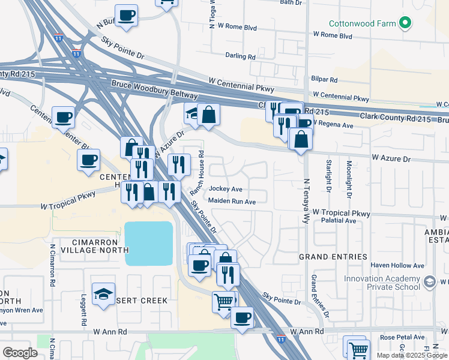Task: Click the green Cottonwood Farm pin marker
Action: point(406,24)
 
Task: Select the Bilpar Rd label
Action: point(324,79)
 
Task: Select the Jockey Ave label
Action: point(225,189)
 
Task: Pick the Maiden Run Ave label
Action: point(232,202)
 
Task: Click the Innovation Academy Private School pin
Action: point(429,281)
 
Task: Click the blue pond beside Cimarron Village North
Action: point(148,243)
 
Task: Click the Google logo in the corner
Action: point(20,352)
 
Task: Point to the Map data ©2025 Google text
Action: point(412,355)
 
